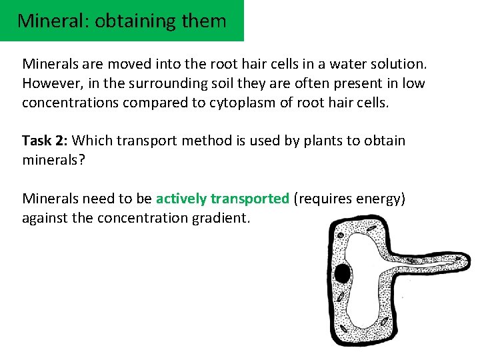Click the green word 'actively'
181,199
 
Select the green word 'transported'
250,199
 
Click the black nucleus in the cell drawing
343,273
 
